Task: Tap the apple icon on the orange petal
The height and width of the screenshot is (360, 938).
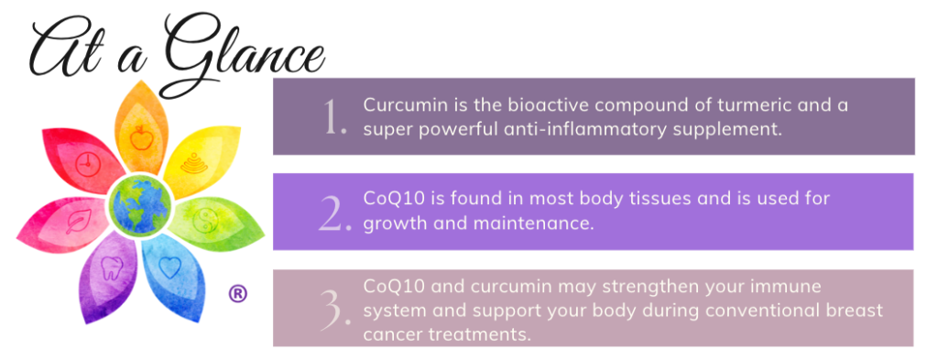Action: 140,139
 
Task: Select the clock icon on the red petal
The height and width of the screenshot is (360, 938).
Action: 86,166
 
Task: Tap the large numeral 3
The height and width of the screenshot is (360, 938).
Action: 335,310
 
